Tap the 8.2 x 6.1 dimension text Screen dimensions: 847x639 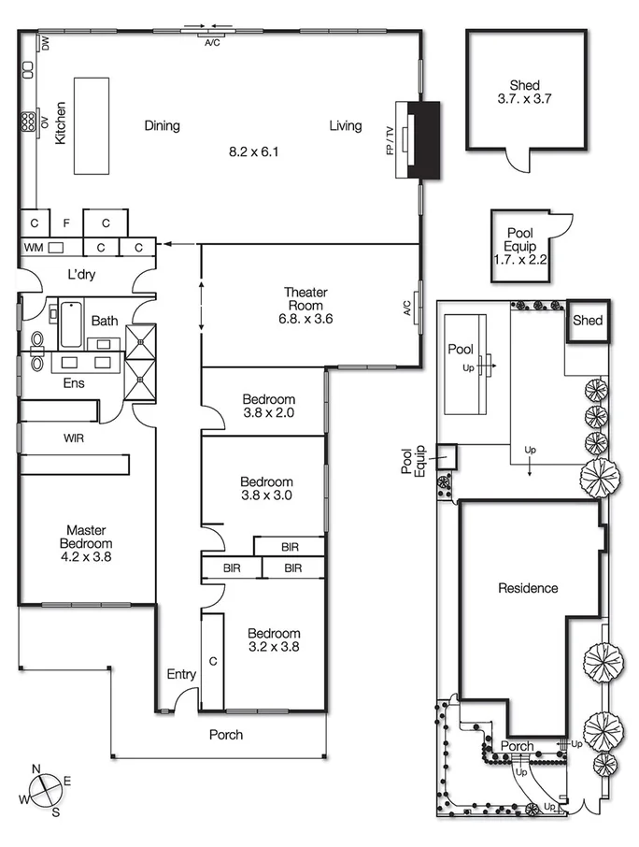click(x=254, y=151)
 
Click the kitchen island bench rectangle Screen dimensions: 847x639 click(x=92, y=124)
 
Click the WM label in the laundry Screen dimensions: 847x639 click(x=33, y=248)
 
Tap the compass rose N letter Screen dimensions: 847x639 click(x=36, y=768)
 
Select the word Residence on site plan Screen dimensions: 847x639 click(x=528, y=588)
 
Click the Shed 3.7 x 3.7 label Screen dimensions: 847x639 click(x=525, y=92)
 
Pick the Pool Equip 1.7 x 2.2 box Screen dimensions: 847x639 click(x=519, y=247)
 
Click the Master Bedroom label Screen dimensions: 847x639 click(x=86, y=543)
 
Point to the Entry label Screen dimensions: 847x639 click(x=181, y=674)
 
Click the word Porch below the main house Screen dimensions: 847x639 click(x=226, y=735)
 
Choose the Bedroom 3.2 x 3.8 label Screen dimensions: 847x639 click(x=275, y=639)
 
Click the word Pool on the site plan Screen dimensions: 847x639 click(x=461, y=349)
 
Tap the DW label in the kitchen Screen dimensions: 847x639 click(x=44, y=42)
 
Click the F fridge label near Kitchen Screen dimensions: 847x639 click(x=65, y=223)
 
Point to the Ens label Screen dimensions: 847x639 click(x=74, y=383)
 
